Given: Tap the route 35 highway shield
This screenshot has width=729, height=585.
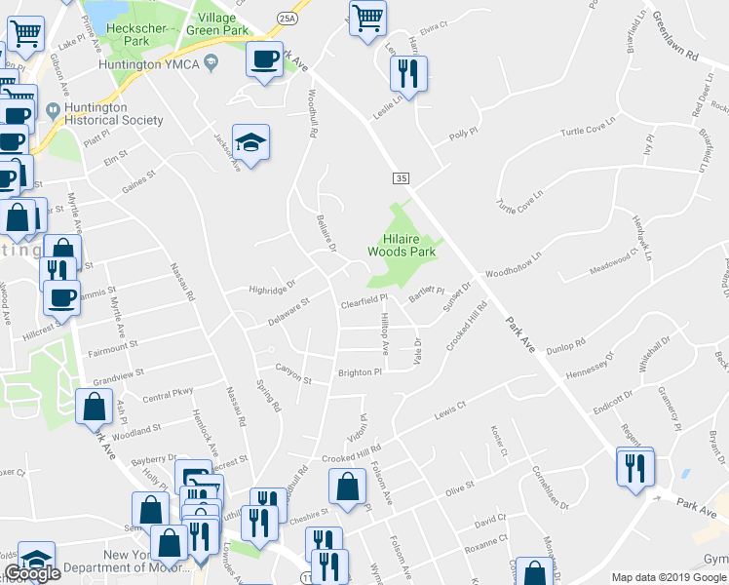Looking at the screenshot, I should click(401, 178).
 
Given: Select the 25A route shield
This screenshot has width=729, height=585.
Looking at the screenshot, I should click(286, 18).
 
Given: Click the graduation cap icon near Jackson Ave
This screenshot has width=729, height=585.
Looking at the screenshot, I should click(251, 143).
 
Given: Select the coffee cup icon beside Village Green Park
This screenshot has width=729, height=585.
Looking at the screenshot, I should click(265, 58).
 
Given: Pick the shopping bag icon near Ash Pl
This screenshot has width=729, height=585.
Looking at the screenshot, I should click(94, 407).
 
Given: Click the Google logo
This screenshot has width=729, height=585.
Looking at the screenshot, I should click(32, 573).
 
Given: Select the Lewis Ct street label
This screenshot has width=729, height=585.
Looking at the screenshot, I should click(452, 409).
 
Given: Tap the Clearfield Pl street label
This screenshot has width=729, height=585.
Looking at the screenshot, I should click(364, 303).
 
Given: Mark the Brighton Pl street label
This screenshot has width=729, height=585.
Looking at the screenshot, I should click(360, 371).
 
